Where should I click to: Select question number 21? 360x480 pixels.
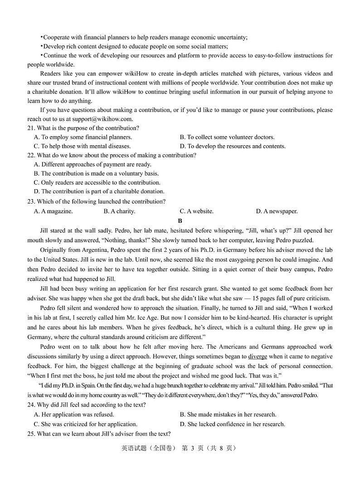coord(31,128)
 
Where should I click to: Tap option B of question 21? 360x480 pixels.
coord(227,137)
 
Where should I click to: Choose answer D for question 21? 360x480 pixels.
coord(232,146)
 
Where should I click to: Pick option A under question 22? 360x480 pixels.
coord(92,164)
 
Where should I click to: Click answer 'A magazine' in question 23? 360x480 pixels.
coord(53,211)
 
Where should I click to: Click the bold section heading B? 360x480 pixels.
coord(180,221)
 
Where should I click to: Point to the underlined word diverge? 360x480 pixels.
coord(258,357)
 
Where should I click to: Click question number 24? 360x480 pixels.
coord(31,405)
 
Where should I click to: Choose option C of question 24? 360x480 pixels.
coord(86,424)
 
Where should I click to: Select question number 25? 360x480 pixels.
coord(31,434)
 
